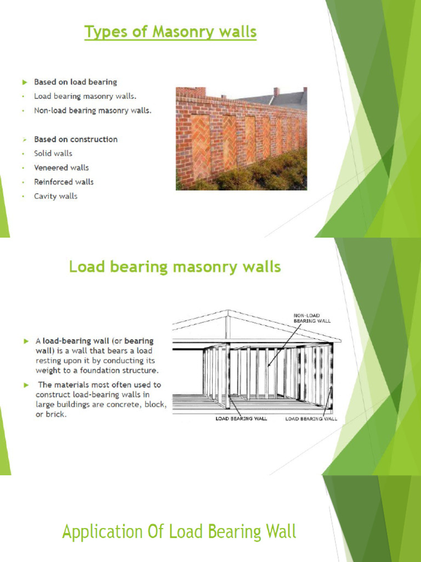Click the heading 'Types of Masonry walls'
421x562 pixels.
click(x=170, y=32)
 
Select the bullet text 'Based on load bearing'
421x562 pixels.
click(x=76, y=82)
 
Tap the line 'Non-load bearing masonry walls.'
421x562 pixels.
click(x=93, y=110)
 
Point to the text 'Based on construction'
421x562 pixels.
click(x=76, y=139)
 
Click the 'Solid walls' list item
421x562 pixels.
click(x=53, y=154)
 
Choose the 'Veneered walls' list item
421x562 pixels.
click(x=61, y=168)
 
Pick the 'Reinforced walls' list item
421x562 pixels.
click(x=64, y=182)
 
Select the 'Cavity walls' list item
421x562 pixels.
click(x=56, y=196)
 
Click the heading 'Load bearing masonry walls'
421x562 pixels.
click(x=175, y=267)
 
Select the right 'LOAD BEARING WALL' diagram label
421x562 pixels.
click(x=311, y=419)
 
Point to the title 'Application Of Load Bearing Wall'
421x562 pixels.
click(x=179, y=532)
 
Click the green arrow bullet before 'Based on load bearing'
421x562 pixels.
click(x=24, y=82)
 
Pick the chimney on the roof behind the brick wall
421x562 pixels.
click(x=276, y=92)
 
